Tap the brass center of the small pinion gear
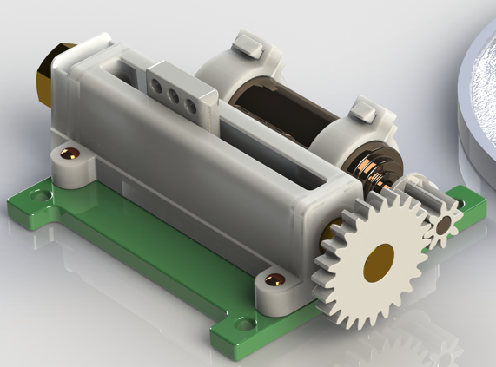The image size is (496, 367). pos(444,226)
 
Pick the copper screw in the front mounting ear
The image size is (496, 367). pos(275,279)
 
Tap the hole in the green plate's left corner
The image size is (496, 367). pos(37,196)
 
